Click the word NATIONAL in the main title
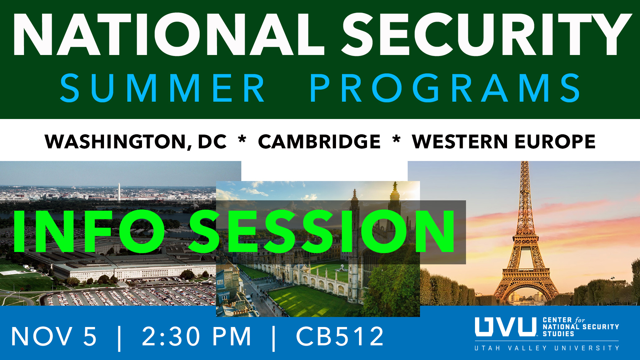[x=169, y=34]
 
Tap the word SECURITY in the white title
[x=487, y=34]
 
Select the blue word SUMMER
[x=162, y=88]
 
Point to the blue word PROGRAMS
[x=445, y=88]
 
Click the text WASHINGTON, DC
[x=136, y=142]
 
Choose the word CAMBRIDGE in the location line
[x=319, y=141]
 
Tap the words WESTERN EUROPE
[x=504, y=141]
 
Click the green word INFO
[x=89, y=231]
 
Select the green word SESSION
[x=322, y=231]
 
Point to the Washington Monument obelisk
[x=119, y=192]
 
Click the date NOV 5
[x=54, y=336]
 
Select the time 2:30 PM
[x=197, y=336]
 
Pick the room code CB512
[x=340, y=336]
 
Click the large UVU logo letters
[x=506, y=327]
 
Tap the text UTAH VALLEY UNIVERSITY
[x=547, y=348]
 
